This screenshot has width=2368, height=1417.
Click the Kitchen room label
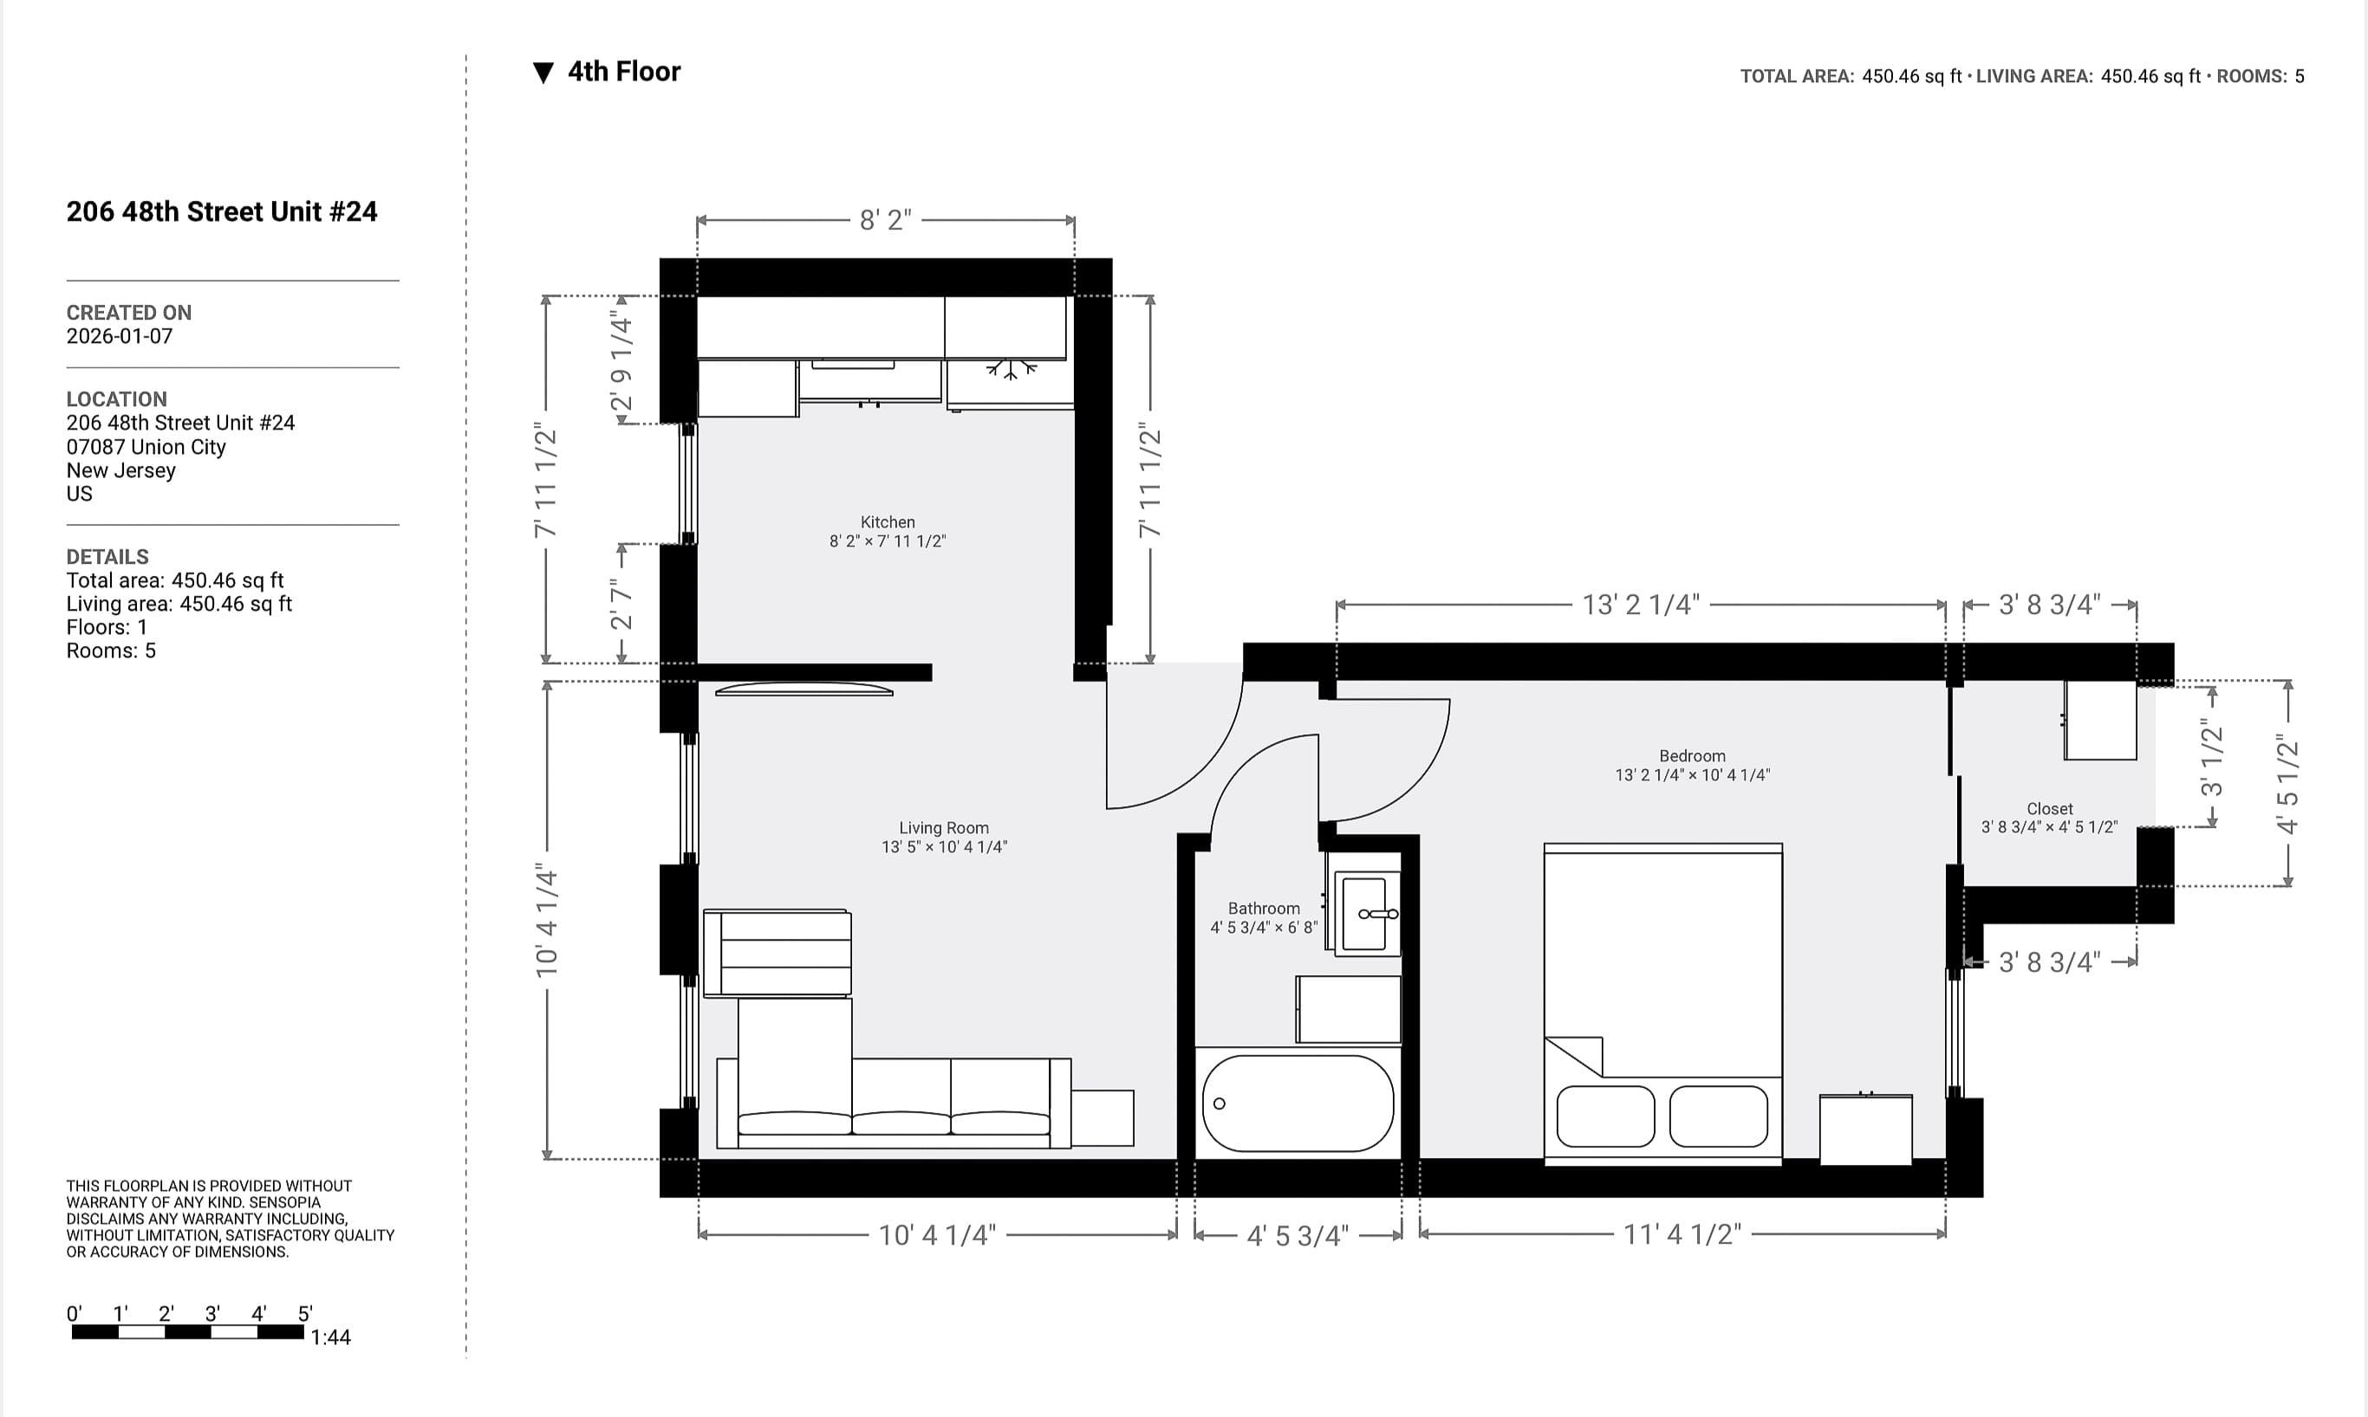[x=888, y=522]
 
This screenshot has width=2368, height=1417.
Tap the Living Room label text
[x=943, y=828]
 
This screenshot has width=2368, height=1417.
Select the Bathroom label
[x=1263, y=908]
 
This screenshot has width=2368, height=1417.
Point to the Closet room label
[x=2049, y=809]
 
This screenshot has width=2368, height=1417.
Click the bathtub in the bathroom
[x=1298, y=1103]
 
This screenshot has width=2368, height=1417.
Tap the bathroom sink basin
[x=1364, y=914]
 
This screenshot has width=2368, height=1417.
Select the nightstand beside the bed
[x=1864, y=1129]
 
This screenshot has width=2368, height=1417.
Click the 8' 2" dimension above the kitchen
[x=885, y=221]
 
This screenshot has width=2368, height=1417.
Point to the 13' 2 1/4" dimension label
[x=1640, y=605]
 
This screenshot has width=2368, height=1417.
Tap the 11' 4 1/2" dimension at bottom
[x=1682, y=1234]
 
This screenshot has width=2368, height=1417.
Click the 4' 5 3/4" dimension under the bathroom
[x=1298, y=1237]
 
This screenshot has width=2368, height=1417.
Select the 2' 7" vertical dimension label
[x=621, y=604]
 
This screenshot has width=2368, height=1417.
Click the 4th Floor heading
[x=623, y=72]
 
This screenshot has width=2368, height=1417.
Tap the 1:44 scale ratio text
[x=330, y=1337]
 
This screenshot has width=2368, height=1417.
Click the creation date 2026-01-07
[x=120, y=336]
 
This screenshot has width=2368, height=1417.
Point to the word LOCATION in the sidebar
[x=116, y=399]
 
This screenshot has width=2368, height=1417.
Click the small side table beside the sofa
[x=1102, y=1117]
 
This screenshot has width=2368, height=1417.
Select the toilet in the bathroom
[x=1347, y=1008]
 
